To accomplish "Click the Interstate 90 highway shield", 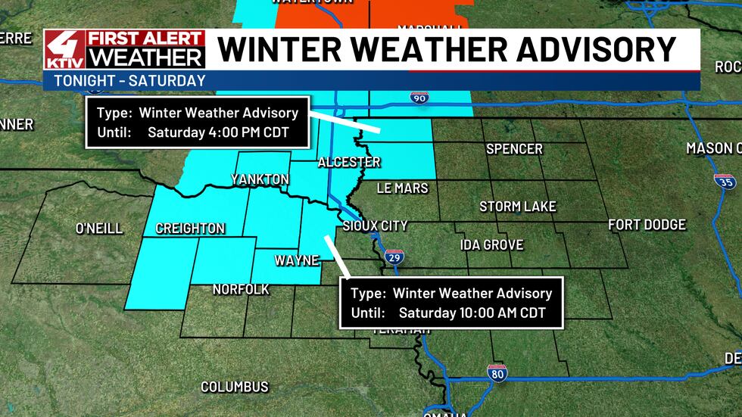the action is point(419,98).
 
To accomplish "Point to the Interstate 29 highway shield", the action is point(393,257).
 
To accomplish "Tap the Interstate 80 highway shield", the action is point(497,372).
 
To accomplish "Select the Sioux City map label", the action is point(375,226).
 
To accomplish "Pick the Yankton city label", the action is point(260,179).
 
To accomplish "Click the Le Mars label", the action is point(402,188).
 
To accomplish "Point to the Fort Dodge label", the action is point(647,225).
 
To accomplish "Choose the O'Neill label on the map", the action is point(99,228).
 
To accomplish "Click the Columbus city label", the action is point(234,387).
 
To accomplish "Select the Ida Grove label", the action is point(492,244).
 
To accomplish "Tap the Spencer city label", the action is point(514,149).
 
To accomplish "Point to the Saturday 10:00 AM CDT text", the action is point(472,313).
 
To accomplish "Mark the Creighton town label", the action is point(190,228).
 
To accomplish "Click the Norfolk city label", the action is point(241,289).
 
